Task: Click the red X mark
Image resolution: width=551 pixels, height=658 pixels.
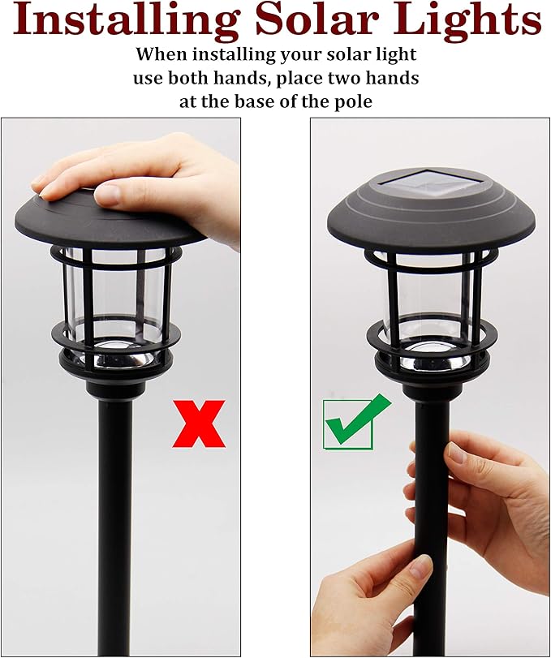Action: (198, 423)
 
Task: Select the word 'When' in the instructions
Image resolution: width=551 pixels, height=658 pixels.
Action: (161, 55)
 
